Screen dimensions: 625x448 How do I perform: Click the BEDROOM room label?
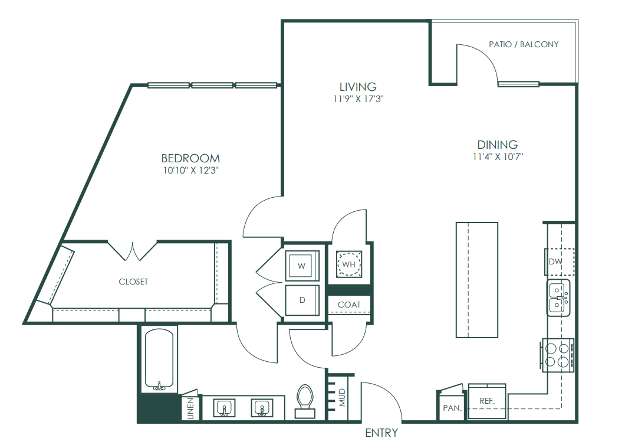(190, 158)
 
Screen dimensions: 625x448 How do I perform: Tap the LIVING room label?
(358, 87)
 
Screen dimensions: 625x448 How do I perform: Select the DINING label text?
(498, 145)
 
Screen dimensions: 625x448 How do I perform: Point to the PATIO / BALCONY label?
(524, 44)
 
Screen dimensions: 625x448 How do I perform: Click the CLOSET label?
(133, 282)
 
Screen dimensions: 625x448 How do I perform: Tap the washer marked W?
(302, 266)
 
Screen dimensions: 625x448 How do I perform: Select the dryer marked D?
(302, 300)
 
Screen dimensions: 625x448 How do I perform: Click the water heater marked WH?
(349, 264)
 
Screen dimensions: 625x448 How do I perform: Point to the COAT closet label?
(349, 305)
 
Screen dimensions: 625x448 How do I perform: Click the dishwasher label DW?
(555, 261)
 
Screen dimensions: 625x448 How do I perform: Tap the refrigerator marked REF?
(487, 401)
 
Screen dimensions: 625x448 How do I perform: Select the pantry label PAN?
(452, 408)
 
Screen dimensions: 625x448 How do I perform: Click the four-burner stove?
(558, 355)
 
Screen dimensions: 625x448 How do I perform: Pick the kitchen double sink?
(558, 297)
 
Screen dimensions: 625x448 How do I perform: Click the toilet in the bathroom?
(305, 401)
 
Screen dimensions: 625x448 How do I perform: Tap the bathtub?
(159, 359)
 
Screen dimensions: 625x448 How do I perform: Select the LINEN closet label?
(190, 408)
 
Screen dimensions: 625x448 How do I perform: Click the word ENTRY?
(381, 433)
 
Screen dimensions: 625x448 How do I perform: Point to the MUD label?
(343, 398)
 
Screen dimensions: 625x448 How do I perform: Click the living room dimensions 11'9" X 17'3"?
(358, 99)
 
